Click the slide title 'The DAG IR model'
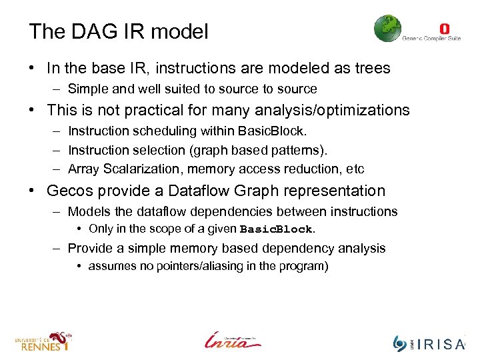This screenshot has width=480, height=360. (x=118, y=31)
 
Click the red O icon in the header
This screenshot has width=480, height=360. (x=445, y=29)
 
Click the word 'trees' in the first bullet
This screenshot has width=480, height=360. (x=372, y=68)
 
